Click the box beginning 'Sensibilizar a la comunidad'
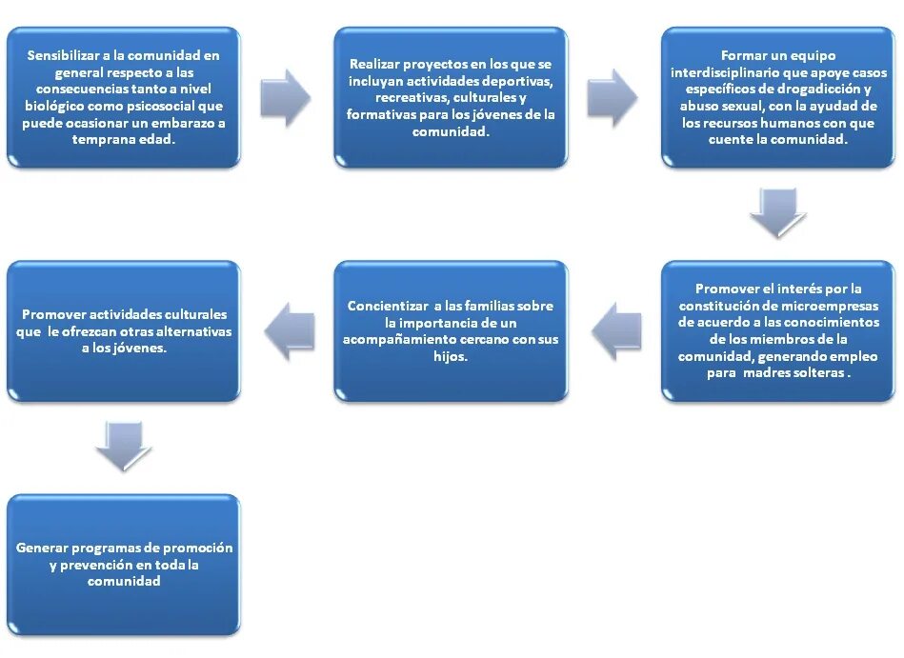[x=123, y=97]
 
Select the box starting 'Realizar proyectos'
[x=451, y=97]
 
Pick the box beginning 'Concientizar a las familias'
[x=451, y=330]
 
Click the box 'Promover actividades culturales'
[x=123, y=330]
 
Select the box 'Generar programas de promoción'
[x=123, y=564]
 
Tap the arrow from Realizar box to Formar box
[x=612, y=97]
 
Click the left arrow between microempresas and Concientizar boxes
[x=615, y=330]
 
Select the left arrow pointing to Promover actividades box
[x=288, y=330]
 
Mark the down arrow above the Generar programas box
[x=124, y=445]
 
